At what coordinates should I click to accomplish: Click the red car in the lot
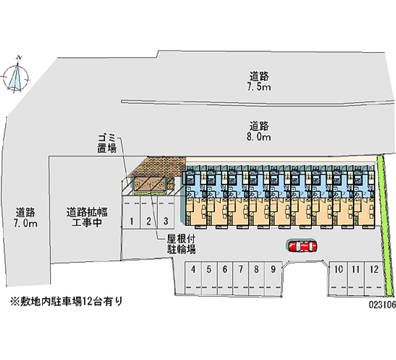point(302,246)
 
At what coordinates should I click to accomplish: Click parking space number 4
point(194,270)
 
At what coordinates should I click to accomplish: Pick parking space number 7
point(241,270)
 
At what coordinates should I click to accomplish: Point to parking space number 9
point(273,270)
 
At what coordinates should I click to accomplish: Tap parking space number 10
point(339,270)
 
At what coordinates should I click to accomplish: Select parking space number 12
point(374,270)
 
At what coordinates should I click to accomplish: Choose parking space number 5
point(209,270)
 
